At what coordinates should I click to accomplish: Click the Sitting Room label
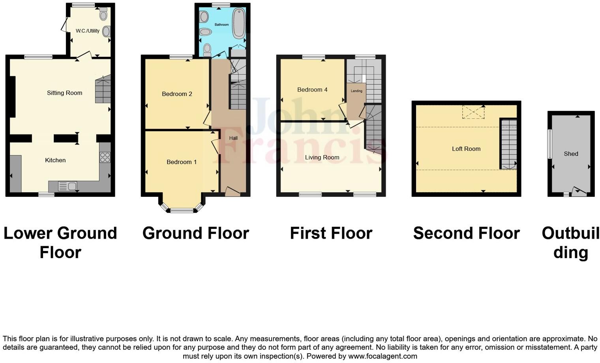pos(64,93)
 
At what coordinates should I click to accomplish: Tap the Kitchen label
pos(55,160)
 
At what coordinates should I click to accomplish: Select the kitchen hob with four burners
pos(105,157)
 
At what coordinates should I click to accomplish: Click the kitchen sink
pos(67,186)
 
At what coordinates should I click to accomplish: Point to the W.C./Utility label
pos(88,31)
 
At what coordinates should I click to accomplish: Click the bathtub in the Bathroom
pos(238,24)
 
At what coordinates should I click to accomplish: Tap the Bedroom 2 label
pos(177,94)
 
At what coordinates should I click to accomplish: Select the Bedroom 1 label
pos(182,162)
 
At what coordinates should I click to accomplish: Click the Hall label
pos(233,138)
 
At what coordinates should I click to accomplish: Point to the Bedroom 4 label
pos(312,90)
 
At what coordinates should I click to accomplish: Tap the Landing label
pos(356,91)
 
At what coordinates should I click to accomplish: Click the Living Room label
pos(322,157)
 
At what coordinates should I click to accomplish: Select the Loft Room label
pos(466,149)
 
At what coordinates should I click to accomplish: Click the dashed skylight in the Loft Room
pos(473,112)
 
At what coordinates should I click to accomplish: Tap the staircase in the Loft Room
pos(509,144)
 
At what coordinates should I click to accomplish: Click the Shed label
pos(571,154)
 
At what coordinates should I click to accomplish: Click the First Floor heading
pos(331,233)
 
